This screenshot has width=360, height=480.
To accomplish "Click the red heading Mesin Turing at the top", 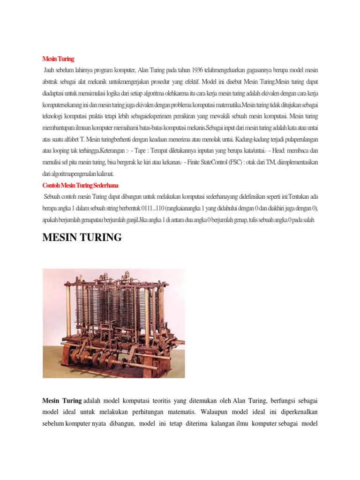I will (58, 59).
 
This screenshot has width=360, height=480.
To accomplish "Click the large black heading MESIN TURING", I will (82, 238).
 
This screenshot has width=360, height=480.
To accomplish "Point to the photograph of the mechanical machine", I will (113, 323).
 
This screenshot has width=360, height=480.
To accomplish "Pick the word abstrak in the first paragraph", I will (52, 81).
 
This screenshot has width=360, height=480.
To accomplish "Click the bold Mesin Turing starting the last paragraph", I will (61, 401).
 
